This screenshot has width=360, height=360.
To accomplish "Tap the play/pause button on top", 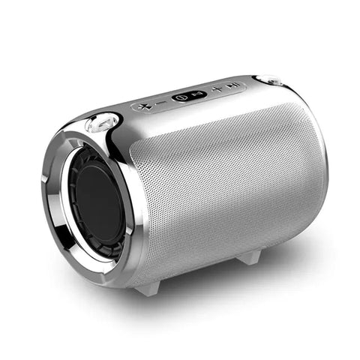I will (x=234, y=87).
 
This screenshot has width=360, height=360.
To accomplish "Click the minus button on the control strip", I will (x=160, y=102).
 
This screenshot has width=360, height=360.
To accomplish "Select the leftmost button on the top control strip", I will (x=145, y=105).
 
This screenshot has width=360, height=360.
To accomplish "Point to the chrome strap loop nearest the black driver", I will (x=103, y=121).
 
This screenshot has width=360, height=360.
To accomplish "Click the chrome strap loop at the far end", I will (x=268, y=79).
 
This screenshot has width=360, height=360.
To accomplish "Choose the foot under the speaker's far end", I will (x=250, y=257).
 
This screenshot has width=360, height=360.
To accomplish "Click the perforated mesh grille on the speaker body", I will (x=225, y=180).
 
